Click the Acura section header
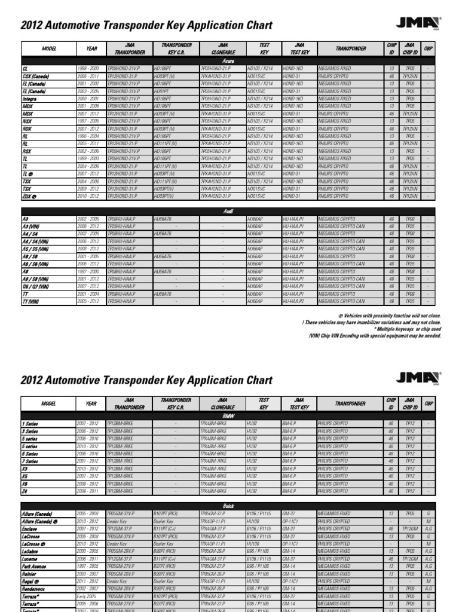[x=229, y=61]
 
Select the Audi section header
[x=229, y=211]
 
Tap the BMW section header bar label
[x=229, y=414]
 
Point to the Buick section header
[x=229, y=505]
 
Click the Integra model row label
[x=30, y=98]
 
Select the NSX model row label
[x=27, y=121]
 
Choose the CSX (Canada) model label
[x=35, y=76]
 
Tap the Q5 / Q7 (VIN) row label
[x=37, y=286]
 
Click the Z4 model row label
[x=26, y=490]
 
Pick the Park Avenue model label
[x=35, y=566]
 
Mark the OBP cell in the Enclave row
[x=429, y=528]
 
